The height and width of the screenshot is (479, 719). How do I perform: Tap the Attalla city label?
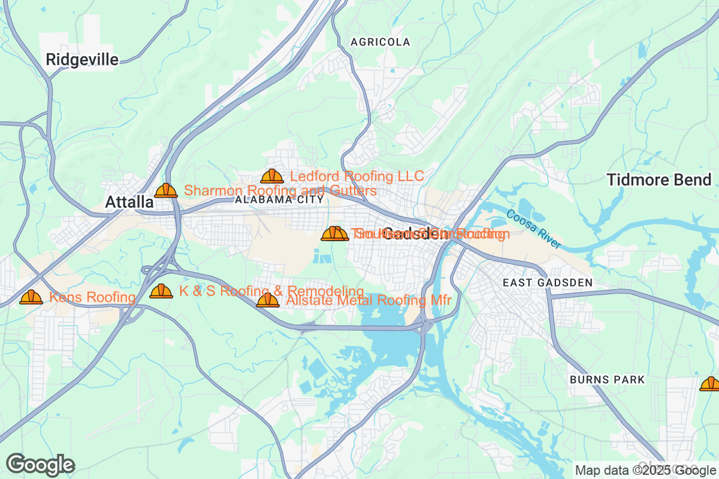[129, 202]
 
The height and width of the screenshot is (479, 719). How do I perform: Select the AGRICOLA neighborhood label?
[380, 42]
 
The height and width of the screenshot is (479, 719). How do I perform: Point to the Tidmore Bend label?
[659, 180]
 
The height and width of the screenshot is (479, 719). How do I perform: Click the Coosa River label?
[533, 229]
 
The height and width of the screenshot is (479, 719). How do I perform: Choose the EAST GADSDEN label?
[548, 282]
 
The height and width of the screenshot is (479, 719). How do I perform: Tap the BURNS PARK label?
[607, 380]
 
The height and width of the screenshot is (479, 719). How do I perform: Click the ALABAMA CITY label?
[279, 199]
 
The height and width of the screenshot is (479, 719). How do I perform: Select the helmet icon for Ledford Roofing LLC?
[272, 176]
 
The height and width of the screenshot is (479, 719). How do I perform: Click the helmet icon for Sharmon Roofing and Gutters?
[166, 190]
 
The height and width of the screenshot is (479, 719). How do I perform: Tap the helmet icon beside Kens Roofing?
[31, 297]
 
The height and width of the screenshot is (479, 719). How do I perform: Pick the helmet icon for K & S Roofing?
[161, 291]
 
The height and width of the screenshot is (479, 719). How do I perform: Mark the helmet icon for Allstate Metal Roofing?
[268, 300]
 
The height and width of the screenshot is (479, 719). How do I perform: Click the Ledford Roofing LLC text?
[357, 176]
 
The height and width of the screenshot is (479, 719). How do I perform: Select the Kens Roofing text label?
[92, 297]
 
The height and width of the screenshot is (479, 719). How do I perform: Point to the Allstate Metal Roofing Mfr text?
[368, 301]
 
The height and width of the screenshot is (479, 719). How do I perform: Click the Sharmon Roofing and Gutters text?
[280, 190]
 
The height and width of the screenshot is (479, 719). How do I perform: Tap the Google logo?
[41, 465]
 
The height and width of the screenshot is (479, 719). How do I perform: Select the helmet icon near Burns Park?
[711, 384]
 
